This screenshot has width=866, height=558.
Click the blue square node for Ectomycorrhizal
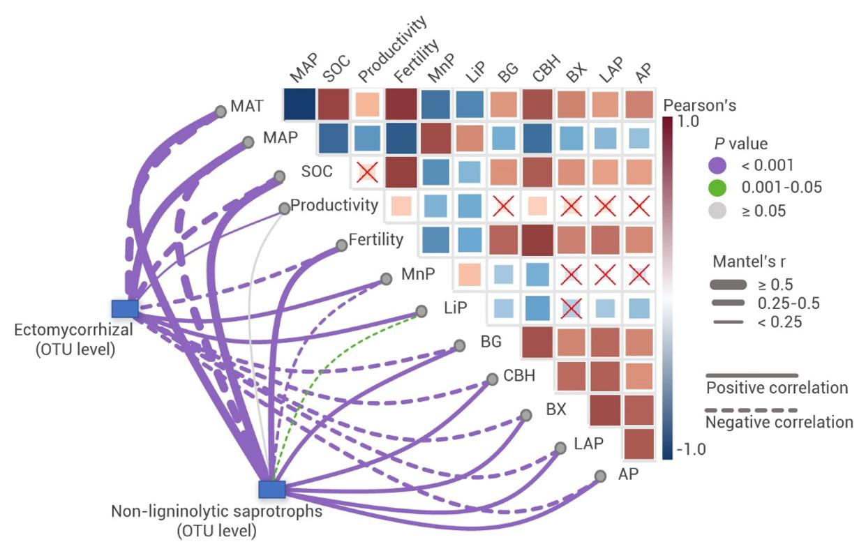point(125,308)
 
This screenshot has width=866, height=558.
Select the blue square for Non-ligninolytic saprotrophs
point(272,489)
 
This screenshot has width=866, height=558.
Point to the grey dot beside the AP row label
point(600,476)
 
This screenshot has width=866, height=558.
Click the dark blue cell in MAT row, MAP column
point(300,105)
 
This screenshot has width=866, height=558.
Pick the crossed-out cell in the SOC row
point(367,172)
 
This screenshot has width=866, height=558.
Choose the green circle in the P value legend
point(717,188)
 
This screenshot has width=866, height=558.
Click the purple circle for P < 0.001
point(717,165)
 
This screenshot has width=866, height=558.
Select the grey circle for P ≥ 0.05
point(717,210)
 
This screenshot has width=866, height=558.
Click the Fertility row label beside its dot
point(376,240)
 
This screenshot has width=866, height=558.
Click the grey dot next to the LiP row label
point(421,311)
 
